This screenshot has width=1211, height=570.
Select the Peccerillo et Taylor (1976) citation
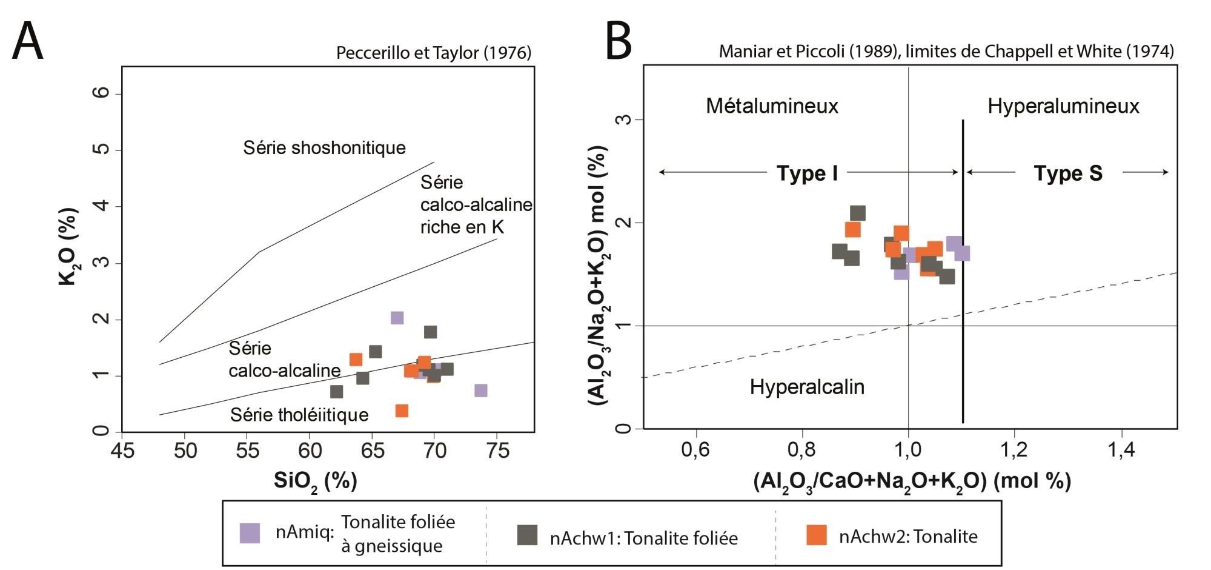[434, 53]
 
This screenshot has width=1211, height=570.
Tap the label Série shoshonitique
[324, 147]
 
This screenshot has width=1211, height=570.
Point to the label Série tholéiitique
[299, 415]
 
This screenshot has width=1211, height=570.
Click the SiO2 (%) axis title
[315, 481]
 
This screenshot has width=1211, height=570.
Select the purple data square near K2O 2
[397, 318]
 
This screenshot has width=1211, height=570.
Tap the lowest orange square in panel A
[402, 411]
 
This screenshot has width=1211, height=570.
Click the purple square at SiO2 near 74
[481, 391]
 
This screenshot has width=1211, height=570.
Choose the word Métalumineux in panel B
[772, 106]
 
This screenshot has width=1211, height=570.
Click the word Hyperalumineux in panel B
[1063, 106]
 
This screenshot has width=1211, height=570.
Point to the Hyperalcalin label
[807, 387]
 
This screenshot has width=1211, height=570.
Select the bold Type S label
[1067, 173]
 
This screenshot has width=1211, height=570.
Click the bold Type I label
[807, 173]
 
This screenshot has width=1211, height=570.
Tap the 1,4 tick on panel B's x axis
[1121, 451]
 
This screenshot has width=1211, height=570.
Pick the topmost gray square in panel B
[858, 213]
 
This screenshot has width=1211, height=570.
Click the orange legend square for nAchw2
[817, 535]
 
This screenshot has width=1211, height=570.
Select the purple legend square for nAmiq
[250, 533]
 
